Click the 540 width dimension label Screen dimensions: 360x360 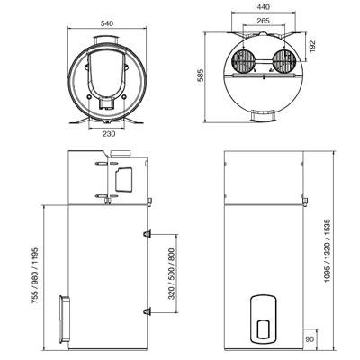[107, 23]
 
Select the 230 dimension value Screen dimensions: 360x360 [109, 134]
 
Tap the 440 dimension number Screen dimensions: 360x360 [264, 7]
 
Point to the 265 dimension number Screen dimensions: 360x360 [263, 21]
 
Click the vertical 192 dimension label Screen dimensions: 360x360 [312, 47]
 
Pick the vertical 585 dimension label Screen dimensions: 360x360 [200, 76]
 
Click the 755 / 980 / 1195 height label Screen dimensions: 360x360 [35, 275]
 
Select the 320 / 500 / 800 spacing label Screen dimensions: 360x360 [172, 274]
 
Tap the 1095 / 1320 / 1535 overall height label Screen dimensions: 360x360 [327, 250]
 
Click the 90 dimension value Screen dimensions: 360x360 [310, 339]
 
